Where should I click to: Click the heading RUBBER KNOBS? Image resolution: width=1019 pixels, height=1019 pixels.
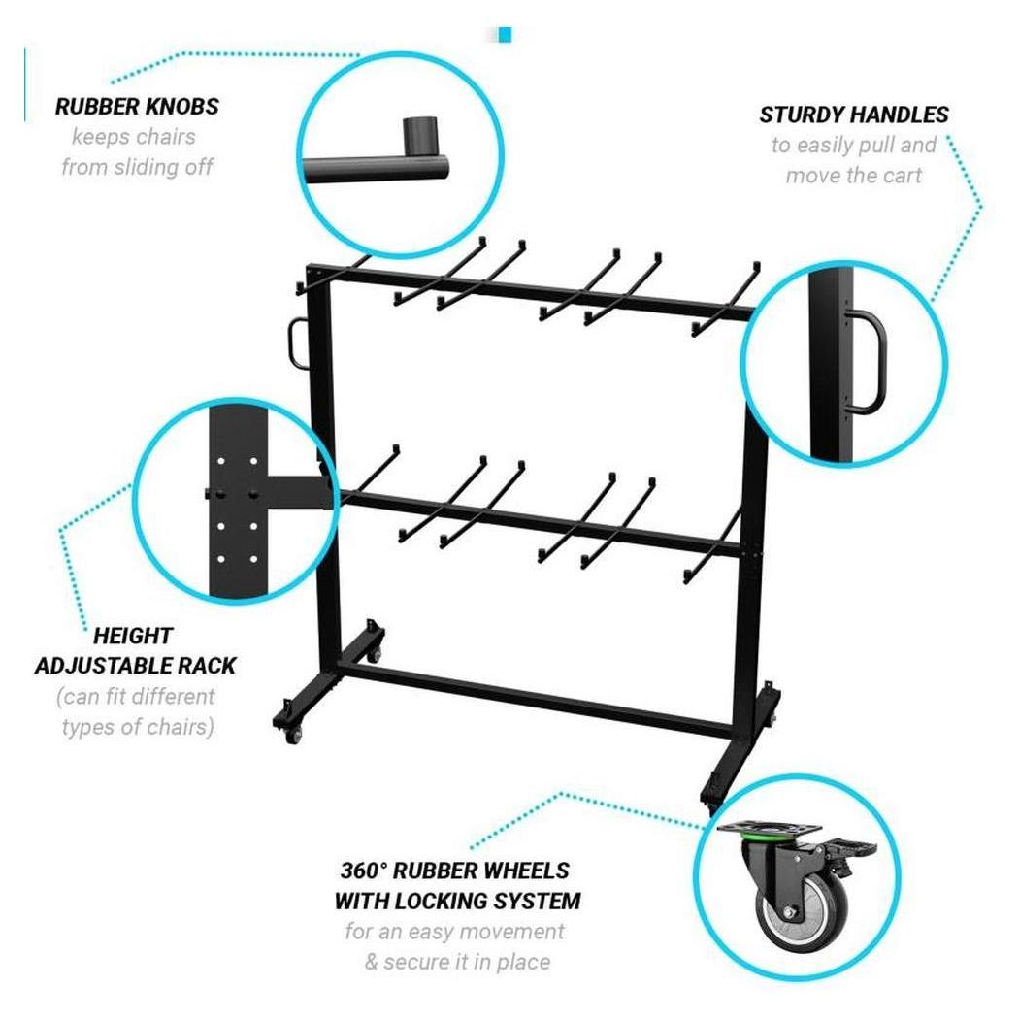137,107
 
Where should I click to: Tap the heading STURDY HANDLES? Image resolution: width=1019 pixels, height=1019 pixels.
854,115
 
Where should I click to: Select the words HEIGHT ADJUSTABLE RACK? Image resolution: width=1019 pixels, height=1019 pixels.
135,651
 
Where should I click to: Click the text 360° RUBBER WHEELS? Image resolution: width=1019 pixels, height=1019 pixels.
455,870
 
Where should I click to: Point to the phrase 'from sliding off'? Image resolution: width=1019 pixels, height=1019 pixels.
137,167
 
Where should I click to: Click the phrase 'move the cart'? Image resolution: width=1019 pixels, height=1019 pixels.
853,176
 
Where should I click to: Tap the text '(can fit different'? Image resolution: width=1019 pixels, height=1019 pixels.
136,696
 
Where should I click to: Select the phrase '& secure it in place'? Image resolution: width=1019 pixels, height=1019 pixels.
455,962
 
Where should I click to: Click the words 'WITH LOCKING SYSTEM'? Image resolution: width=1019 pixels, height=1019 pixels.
457,900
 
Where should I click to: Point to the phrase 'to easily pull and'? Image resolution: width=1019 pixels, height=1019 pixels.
854,146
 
